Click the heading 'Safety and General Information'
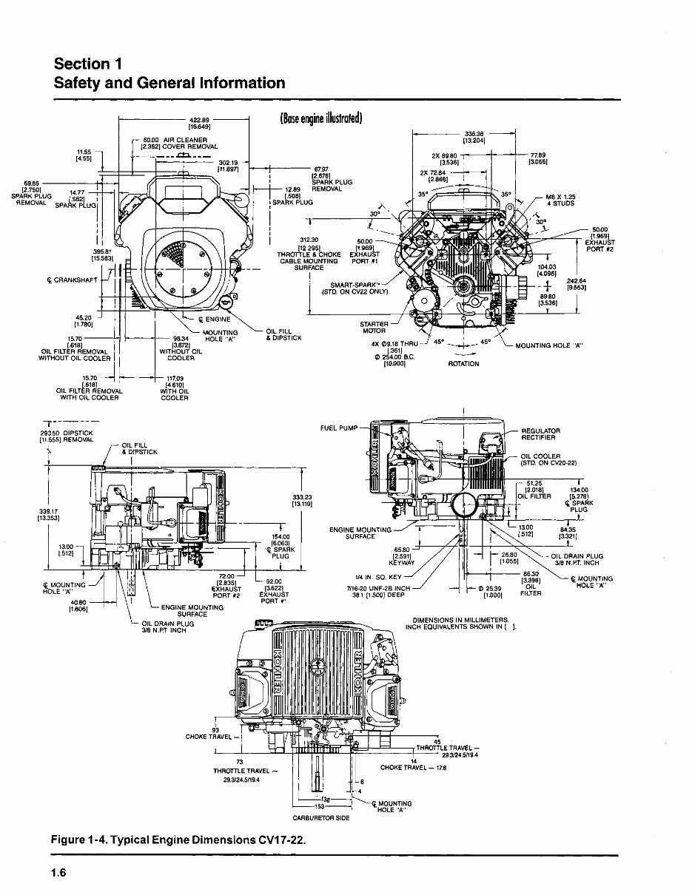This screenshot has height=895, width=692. point(169,83)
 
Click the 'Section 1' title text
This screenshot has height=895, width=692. point(88,62)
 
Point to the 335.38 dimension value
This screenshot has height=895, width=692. point(474,134)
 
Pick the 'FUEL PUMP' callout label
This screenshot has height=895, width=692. point(340,428)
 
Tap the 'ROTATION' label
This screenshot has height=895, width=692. point(464,364)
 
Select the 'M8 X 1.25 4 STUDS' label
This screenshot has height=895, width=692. point(560,200)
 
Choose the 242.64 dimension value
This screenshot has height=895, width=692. point(577,283)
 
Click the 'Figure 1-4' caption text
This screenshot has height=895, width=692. point(178,840)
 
